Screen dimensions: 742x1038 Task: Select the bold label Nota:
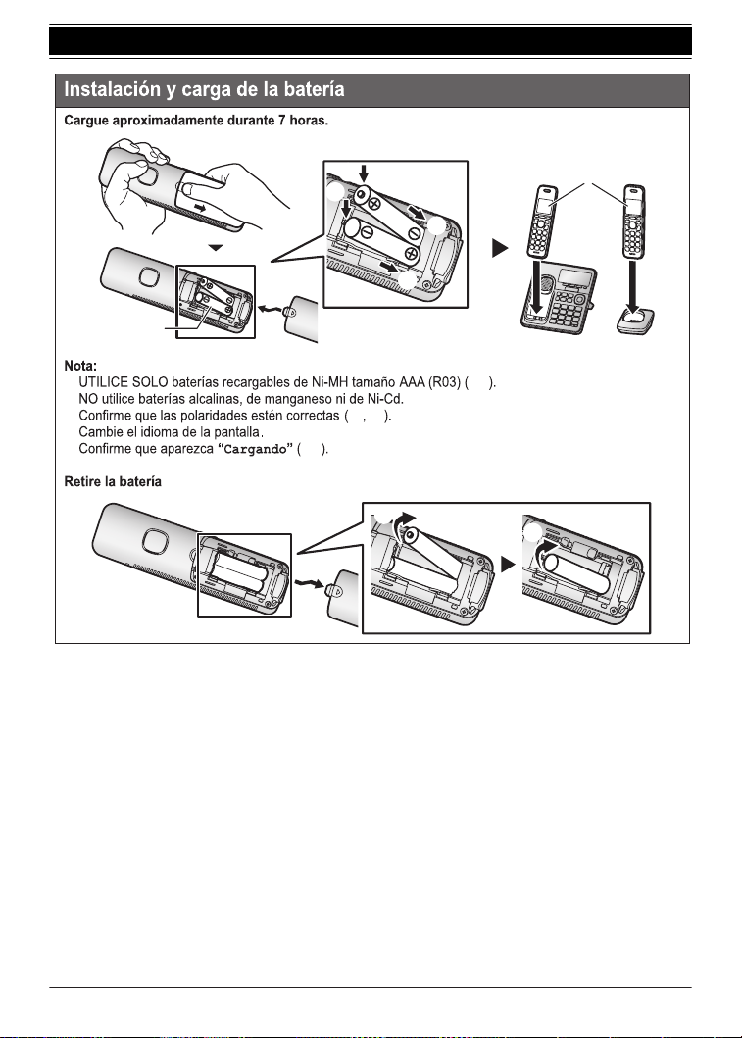pyautogui.click(x=80, y=366)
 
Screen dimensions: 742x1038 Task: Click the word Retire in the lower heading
pyautogui.click(x=81, y=482)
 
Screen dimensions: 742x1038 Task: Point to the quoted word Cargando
pyautogui.click(x=256, y=450)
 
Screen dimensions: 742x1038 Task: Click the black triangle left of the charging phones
pyautogui.click(x=501, y=249)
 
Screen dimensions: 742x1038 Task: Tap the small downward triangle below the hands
pyautogui.click(x=217, y=248)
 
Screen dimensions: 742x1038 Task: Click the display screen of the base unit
pyautogui.click(x=575, y=276)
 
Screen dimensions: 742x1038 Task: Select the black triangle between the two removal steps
pyautogui.click(x=508, y=565)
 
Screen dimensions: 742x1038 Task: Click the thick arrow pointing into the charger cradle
pyautogui.click(x=632, y=286)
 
